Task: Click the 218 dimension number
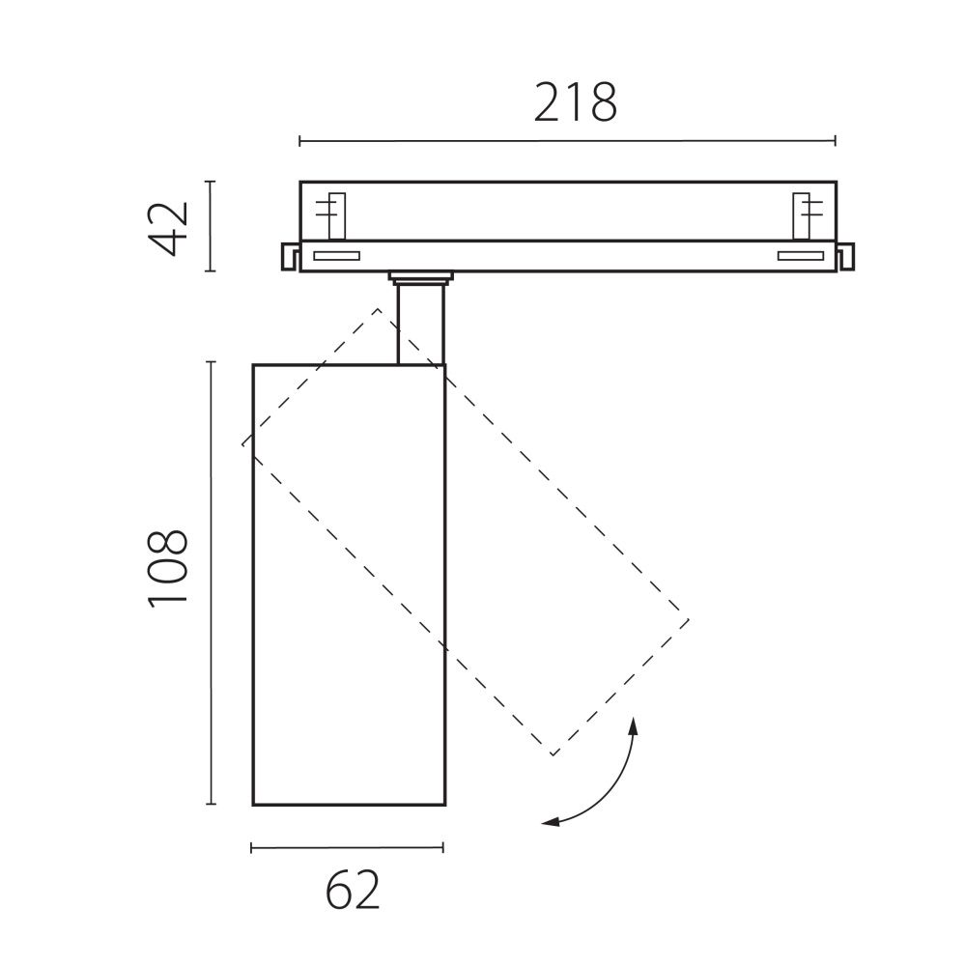(x=576, y=102)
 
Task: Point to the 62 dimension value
(x=352, y=891)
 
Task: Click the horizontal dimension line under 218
(x=567, y=142)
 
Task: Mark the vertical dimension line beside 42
(x=211, y=226)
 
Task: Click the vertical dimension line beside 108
(x=211, y=582)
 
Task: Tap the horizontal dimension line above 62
(x=347, y=848)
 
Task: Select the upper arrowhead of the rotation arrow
(x=634, y=726)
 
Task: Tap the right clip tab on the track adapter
(x=846, y=256)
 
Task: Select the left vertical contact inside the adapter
(x=335, y=214)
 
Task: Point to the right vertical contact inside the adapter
(x=802, y=214)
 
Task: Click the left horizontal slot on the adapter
(x=335, y=256)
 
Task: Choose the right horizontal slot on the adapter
(x=801, y=256)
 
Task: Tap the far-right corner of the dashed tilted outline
(x=688, y=617)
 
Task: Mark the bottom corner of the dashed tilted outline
(x=552, y=754)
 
